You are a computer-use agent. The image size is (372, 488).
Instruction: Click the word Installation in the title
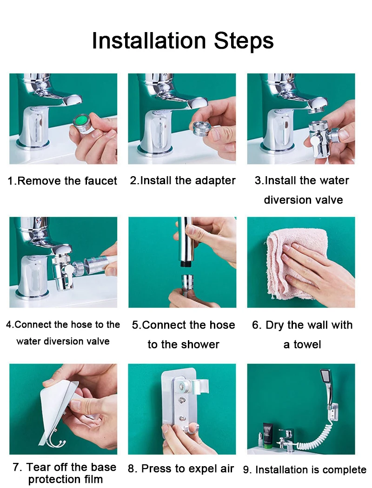click(149, 40)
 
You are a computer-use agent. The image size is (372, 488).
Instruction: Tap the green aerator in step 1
click(82, 124)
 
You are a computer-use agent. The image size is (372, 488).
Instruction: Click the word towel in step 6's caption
click(306, 344)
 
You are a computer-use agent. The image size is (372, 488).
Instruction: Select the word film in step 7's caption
click(95, 479)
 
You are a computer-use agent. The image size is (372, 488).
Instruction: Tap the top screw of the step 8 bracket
click(181, 387)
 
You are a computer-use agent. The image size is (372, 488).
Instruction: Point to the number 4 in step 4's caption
click(9, 324)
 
